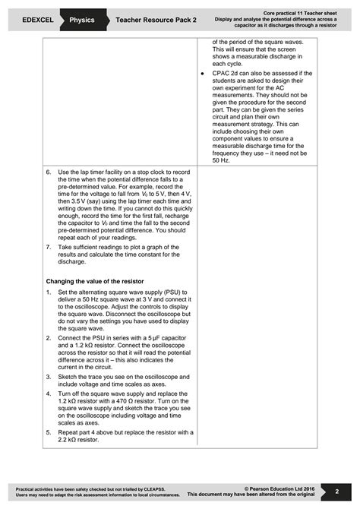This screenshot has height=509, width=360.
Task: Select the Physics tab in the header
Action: [81, 20]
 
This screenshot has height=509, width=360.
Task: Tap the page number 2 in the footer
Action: [336, 492]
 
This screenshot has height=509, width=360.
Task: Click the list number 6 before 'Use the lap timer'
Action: [49, 172]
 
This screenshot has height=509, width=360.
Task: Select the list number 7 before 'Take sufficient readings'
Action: [49, 248]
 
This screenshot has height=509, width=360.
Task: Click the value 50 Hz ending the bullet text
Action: [220, 160]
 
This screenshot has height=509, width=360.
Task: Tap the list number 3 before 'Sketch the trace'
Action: [49, 376]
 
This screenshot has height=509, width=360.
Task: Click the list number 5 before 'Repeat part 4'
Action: [49, 432]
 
